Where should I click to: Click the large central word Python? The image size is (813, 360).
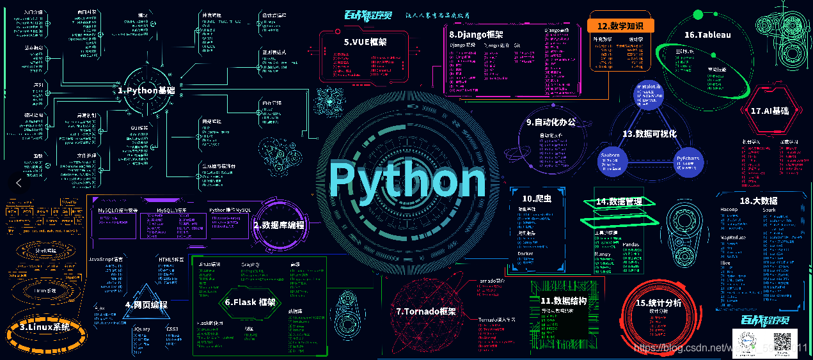click(407, 179)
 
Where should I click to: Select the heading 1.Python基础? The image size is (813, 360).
click(146, 91)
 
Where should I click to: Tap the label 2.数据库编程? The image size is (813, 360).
click(278, 225)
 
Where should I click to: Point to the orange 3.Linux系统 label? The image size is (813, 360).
click(44, 327)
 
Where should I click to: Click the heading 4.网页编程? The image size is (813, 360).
click(146, 304)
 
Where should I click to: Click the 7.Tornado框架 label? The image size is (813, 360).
click(426, 311)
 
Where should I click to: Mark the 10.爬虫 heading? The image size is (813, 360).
click(537, 198)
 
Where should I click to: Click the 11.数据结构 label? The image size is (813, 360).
click(564, 301)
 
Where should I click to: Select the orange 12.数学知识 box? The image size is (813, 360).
click(620, 26)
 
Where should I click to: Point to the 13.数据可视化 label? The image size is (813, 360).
click(649, 134)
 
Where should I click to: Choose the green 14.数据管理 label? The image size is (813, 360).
click(619, 201)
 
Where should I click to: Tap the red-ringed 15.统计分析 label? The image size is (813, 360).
click(659, 302)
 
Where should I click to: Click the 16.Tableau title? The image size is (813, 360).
click(707, 35)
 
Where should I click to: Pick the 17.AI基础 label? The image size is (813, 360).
click(770, 111)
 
